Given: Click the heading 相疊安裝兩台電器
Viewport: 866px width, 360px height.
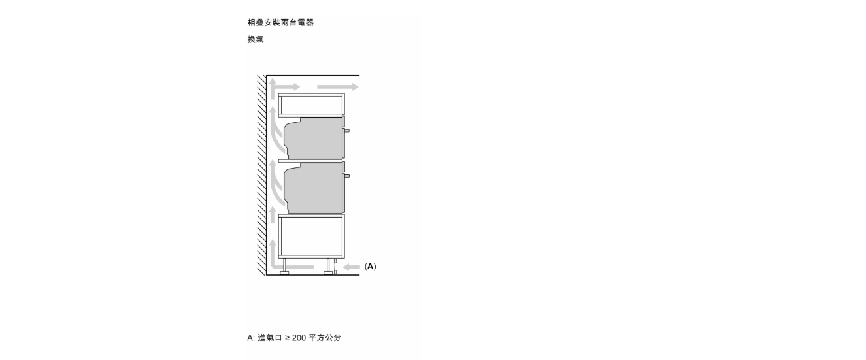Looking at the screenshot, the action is [x=280, y=22].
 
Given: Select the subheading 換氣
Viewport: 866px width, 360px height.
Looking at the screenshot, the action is [x=256, y=39].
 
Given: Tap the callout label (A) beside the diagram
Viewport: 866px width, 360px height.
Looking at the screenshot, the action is [x=370, y=266].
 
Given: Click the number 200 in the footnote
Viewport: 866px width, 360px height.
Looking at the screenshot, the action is [x=299, y=338].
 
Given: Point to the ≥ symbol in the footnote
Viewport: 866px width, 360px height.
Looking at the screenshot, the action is [x=287, y=338].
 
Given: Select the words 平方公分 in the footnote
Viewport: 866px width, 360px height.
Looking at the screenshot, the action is [x=325, y=338].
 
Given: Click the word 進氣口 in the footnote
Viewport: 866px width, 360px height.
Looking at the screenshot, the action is [x=270, y=338].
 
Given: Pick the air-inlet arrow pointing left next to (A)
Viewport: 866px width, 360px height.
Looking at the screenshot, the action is [x=352, y=267].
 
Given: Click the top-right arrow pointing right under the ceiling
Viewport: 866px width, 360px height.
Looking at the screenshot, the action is [x=338, y=86].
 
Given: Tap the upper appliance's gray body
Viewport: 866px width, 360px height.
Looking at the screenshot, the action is [x=314, y=138].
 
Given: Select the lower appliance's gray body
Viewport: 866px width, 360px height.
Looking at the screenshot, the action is [x=314, y=188].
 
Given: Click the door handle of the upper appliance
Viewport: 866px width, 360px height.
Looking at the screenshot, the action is [x=347, y=131].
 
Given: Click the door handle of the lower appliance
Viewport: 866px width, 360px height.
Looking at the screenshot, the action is [x=347, y=176].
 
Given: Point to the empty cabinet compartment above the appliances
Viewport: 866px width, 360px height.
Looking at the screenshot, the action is [x=311, y=105].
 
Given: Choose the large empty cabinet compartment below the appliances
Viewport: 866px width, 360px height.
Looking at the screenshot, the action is [x=311, y=236].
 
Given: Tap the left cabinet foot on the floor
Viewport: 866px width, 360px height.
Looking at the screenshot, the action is [x=284, y=267].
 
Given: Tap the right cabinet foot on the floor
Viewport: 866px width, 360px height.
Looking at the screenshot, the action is [x=329, y=267].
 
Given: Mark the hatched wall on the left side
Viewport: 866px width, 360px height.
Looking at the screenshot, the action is [x=261, y=175].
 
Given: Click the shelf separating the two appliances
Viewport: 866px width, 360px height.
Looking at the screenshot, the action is [x=311, y=161].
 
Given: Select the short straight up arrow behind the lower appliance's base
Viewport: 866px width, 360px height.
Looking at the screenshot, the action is [x=273, y=214].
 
